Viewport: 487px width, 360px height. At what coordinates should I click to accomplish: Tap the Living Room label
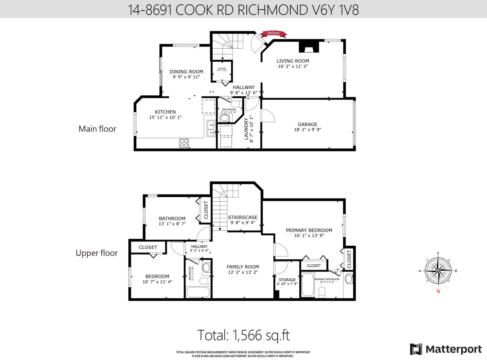(x=293, y=61)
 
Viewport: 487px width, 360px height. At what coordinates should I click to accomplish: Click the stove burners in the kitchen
(x=184, y=143)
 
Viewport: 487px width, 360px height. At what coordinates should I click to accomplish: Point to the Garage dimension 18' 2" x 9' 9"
(x=307, y=130)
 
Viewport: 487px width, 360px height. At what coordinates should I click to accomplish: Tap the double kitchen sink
(x=211, y=128)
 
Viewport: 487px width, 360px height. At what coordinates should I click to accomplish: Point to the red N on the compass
(x=438, y=291)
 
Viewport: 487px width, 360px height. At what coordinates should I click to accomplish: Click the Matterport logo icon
(x=416, y=349)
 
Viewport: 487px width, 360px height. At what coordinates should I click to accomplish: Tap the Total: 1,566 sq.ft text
(x=243, y=335)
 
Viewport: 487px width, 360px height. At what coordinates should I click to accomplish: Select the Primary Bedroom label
(x=309, y=230)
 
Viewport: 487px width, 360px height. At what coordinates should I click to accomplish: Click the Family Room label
(x=243, y=267)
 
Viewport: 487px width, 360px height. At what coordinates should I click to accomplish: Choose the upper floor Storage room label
(x=287, y=280)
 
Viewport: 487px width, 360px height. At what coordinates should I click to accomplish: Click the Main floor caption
(x=97, y=129)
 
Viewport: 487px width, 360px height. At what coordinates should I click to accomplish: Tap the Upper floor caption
(x=97, y=253)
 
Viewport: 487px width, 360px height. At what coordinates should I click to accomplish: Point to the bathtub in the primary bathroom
(x=308, y=286)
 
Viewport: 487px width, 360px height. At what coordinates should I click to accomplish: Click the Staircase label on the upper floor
(x=243, y=217)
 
